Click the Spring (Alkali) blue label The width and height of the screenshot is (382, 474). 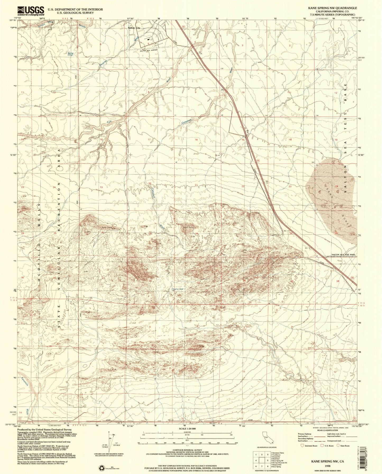point(70,54)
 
